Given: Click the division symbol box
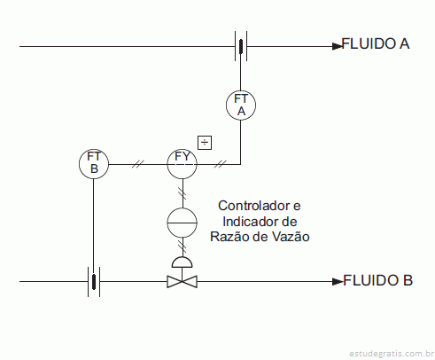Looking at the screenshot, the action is pyautogui.click(x=205, y=143).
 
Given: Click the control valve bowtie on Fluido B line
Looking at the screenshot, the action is pyautogui.click(x=183, y=281).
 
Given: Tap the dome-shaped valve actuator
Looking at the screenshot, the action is pyautogui.click(x=183, y=262).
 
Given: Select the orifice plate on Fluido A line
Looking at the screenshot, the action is pyautogui.click(x=241, y=46).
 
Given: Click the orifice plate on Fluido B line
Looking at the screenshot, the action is pyautogui.click(x=94, y=282).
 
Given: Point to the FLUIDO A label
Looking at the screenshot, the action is pyautogui.click(x=376, y=43).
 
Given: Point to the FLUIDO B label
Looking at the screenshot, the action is pyautogui.click(x=377, y=280).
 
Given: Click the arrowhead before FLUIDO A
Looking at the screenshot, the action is pyautogui.click(x=338, y=46).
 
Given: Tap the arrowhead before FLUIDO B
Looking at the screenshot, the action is pyautogui.click(x=338, y=282).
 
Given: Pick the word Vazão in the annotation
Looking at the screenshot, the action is pyautogui.click(x=291, y=237).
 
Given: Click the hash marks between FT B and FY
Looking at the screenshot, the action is pyautogui.click(x=138, y=164).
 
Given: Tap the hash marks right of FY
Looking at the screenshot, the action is pyautogui.click(x=221, y=164).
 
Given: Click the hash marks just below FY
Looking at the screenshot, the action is pyautogui.click(x=183, y=193).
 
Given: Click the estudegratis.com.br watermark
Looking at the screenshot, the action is pyautogui.click(x=392, y=353).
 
